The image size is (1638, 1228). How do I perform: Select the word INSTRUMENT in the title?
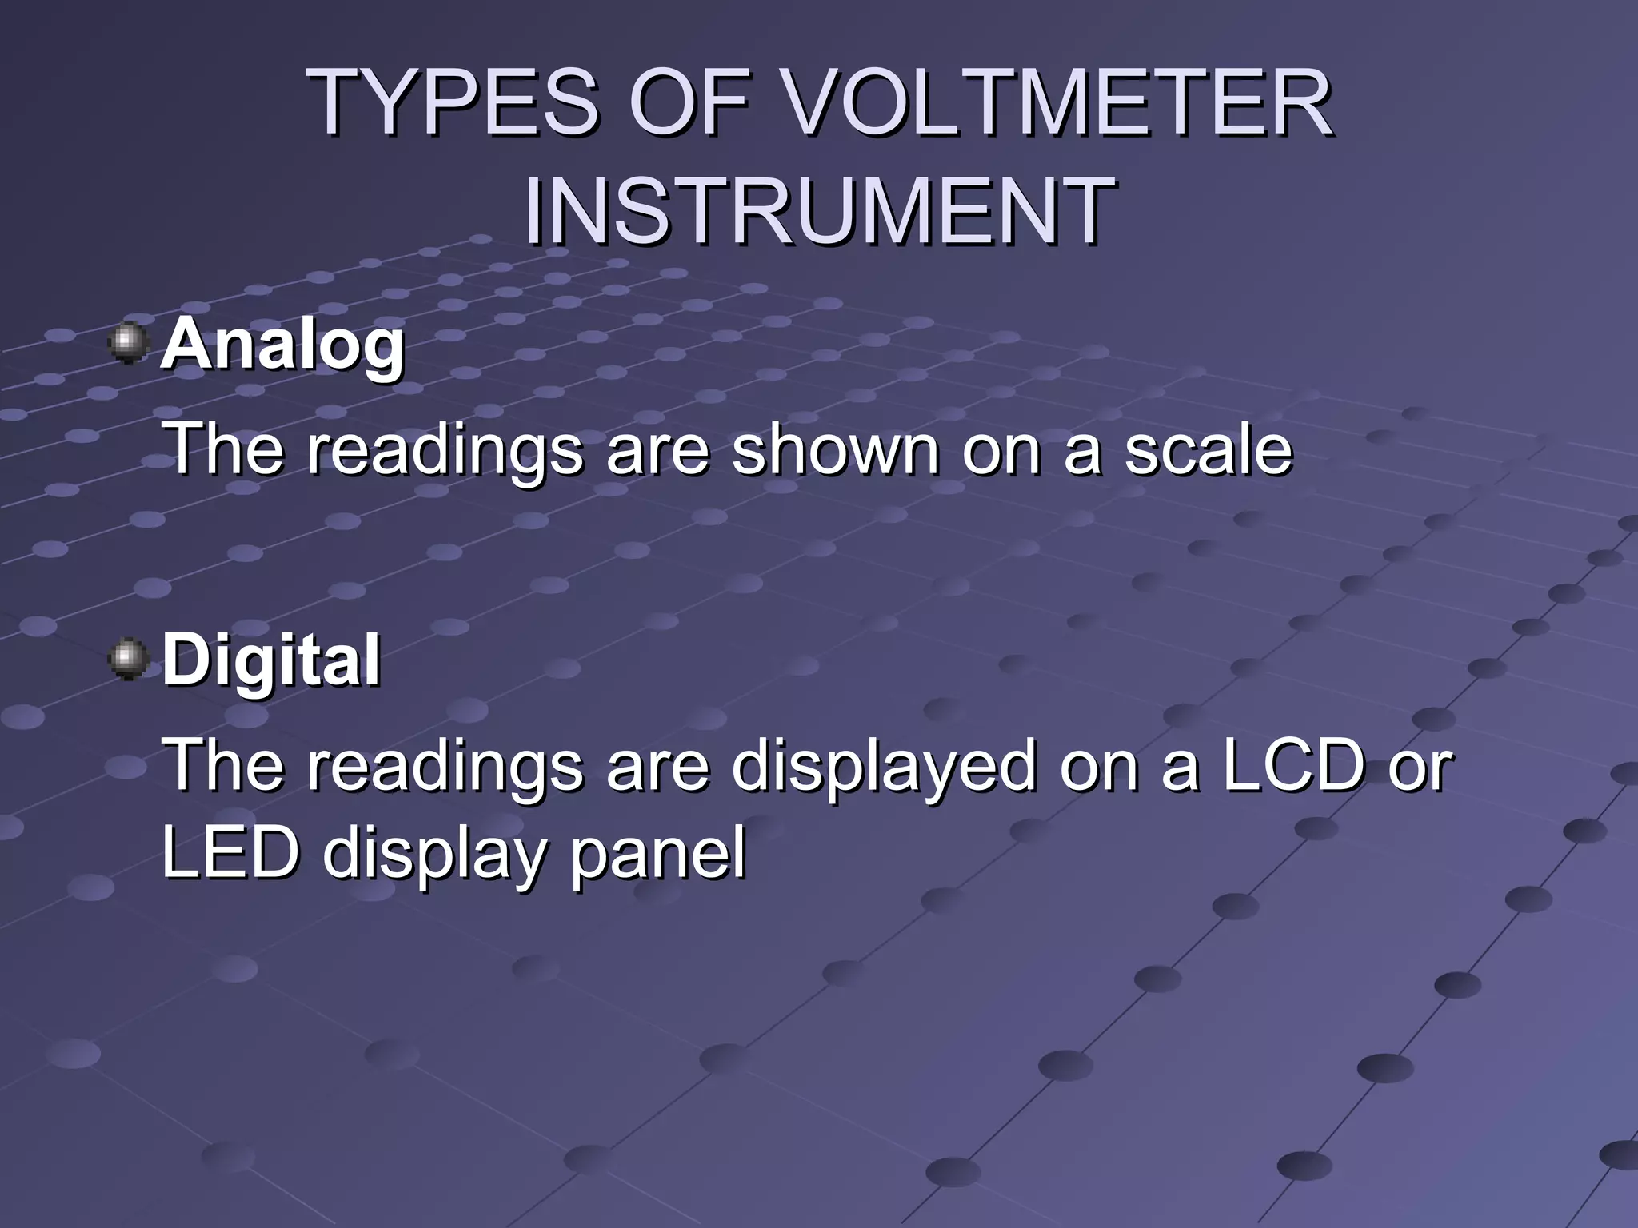pyautogui.click(x=819, y=211)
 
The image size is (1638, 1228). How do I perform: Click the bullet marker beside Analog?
pyautogui.click(x=128, y=344)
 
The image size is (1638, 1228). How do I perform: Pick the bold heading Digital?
pyautogui.click(x=271, y=660)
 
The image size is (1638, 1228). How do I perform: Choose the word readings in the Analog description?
pyautogui.click(x=445, y=450)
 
